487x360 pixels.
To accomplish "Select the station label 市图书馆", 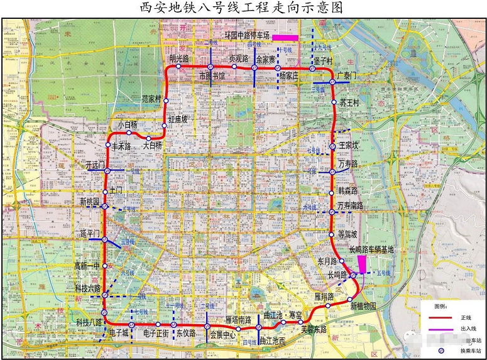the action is [212, 75].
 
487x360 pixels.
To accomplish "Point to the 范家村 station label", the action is [151, 99].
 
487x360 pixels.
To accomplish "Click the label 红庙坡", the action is [177, 118].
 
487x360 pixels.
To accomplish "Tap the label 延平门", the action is [91, 233].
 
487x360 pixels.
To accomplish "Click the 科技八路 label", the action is [89, 322].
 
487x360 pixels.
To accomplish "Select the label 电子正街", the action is [155, 333].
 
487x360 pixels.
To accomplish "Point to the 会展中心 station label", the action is [222, 334].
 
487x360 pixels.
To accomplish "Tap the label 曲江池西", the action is [272, 341].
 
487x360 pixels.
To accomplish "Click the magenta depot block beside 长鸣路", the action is [361, 263].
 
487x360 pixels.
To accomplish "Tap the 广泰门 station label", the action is [347, 75].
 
